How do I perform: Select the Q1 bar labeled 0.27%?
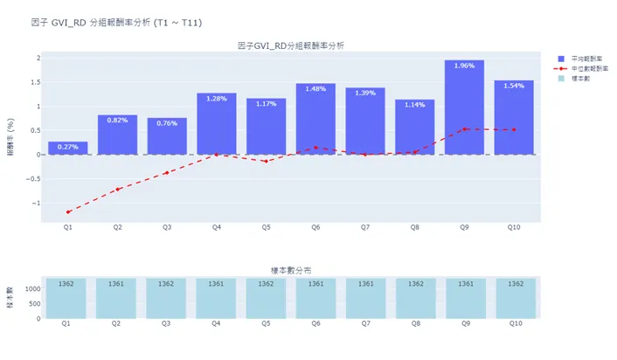pos(67,148)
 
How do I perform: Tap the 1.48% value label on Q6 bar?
pos(315,88)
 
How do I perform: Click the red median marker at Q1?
pos(67,211)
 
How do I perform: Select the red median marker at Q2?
pos(117,189)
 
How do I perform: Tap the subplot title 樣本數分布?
pos(290,271)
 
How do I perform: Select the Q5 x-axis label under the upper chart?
pos(266,227)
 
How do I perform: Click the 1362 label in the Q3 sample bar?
pos(166,284)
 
